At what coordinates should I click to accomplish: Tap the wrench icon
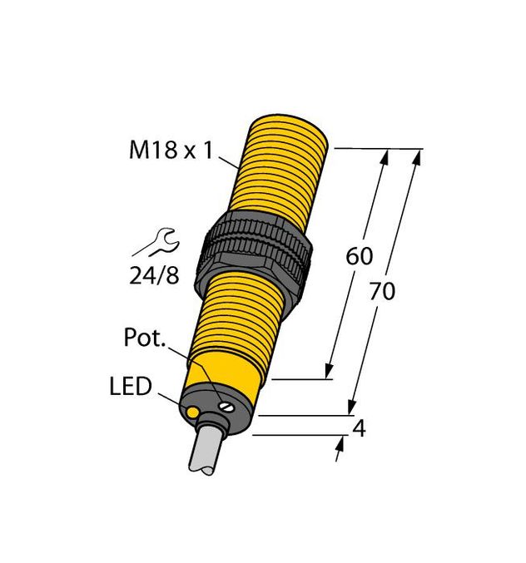156,243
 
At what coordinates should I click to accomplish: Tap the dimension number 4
360,430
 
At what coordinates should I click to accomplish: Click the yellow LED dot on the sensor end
193,412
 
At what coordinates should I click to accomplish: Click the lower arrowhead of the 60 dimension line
332,372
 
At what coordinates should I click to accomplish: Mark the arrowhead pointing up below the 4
338,447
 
